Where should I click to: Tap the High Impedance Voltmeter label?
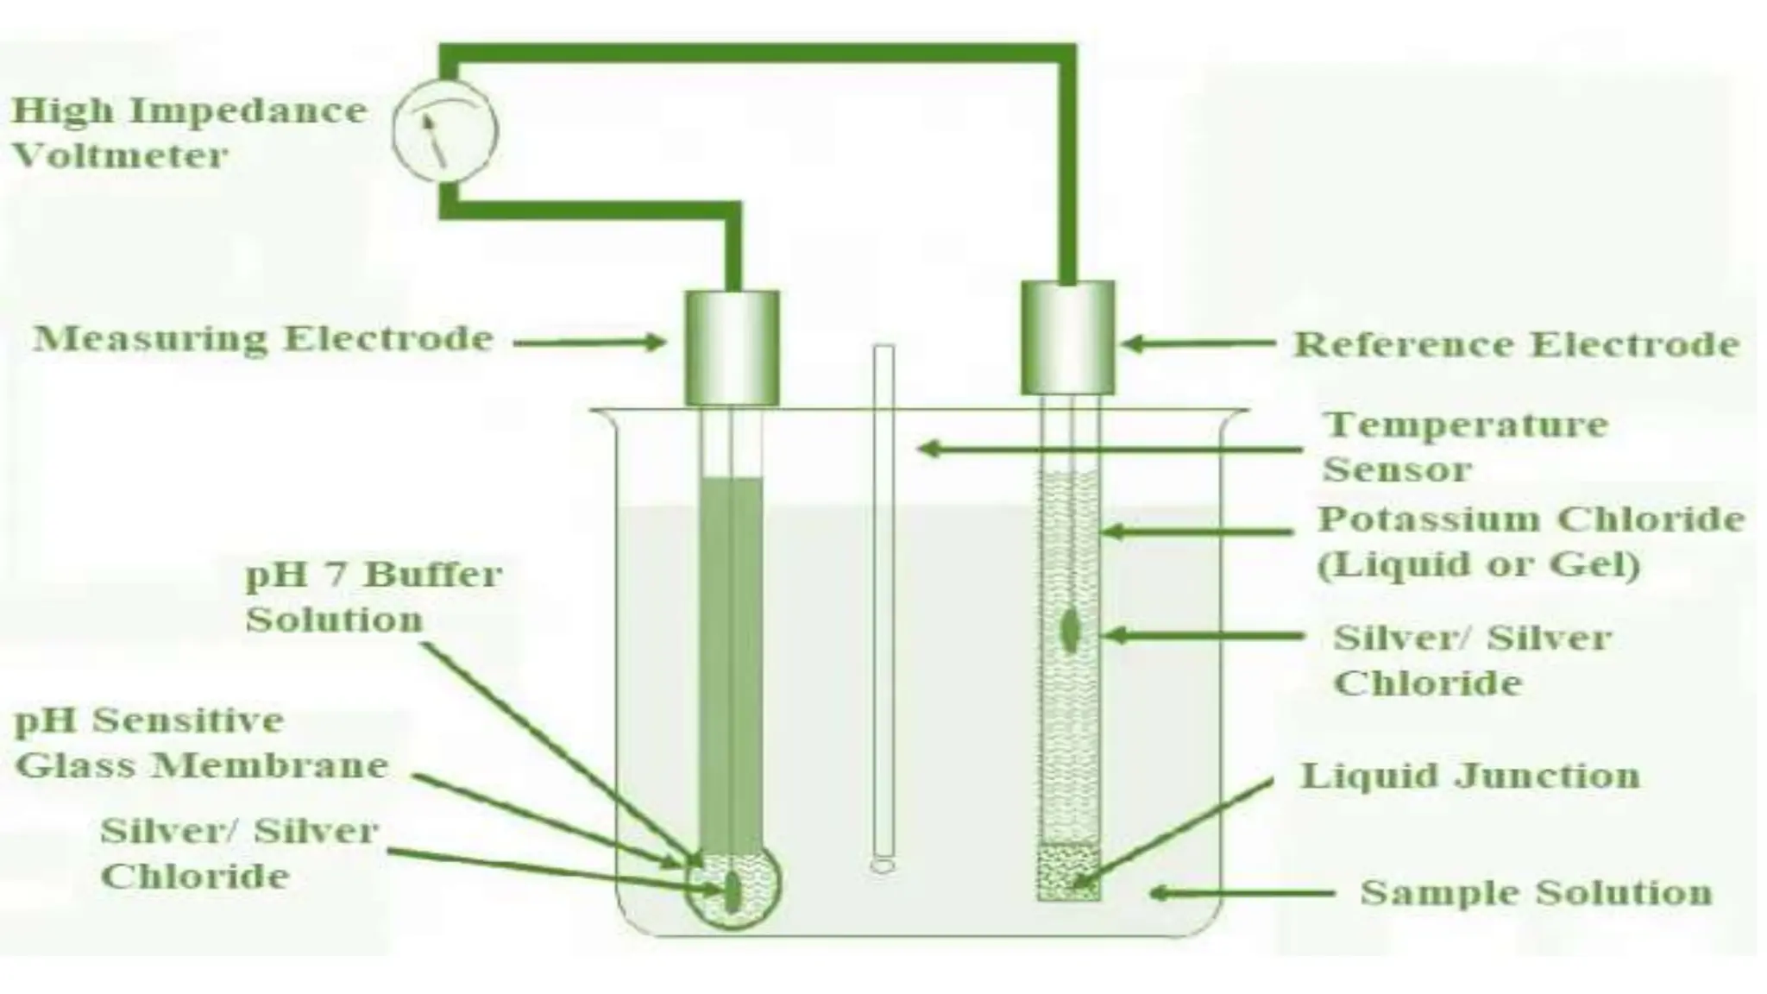[189, 133]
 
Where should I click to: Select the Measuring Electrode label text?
[263, 338]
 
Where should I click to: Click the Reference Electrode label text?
[1516, 344]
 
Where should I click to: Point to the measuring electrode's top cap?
[733, 348]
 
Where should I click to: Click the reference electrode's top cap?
[1067, 337]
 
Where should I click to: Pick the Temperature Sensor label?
[1465, 447]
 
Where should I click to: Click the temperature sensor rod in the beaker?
[883, 604]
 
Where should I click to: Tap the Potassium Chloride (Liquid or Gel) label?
[1531, 541]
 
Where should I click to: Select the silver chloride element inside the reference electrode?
[1070, 631]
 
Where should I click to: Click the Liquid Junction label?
[1469, 775]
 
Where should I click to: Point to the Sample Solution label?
[1536, 892]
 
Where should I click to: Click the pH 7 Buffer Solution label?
[373, 596]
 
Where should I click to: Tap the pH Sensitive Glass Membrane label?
[201, 743]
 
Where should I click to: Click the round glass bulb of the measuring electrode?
[733, 889]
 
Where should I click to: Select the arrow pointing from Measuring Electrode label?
[590, 343]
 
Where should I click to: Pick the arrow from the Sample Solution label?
[1242, 893]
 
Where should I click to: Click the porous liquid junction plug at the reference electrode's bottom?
[1068, 872]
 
